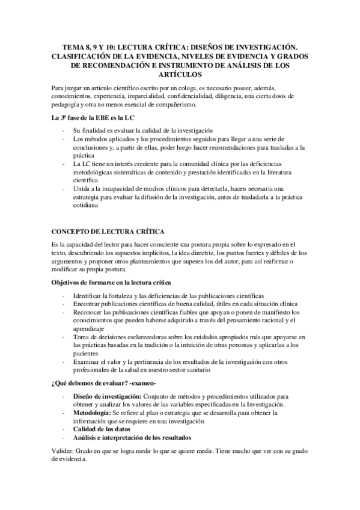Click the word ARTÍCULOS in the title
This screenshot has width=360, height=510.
click(x=180, y=75)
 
